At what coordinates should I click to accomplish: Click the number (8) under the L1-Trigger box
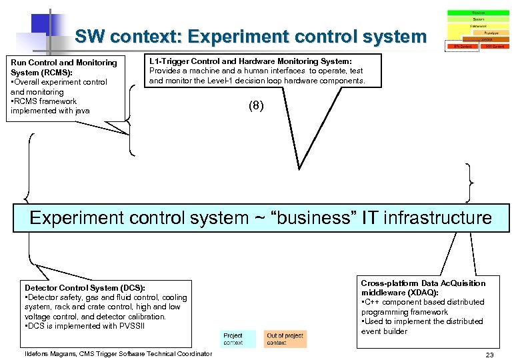[x=256, y=105]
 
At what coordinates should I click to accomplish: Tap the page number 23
[x=489, y=355]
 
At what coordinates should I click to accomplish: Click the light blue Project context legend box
[x=233, y=339]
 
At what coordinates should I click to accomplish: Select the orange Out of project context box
[x=285, y=339]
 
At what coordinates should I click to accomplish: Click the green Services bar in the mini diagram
[x=478, y=13]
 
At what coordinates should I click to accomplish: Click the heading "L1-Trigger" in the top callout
[x=169, y=61]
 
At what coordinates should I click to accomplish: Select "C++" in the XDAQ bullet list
[x=371, y=302]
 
